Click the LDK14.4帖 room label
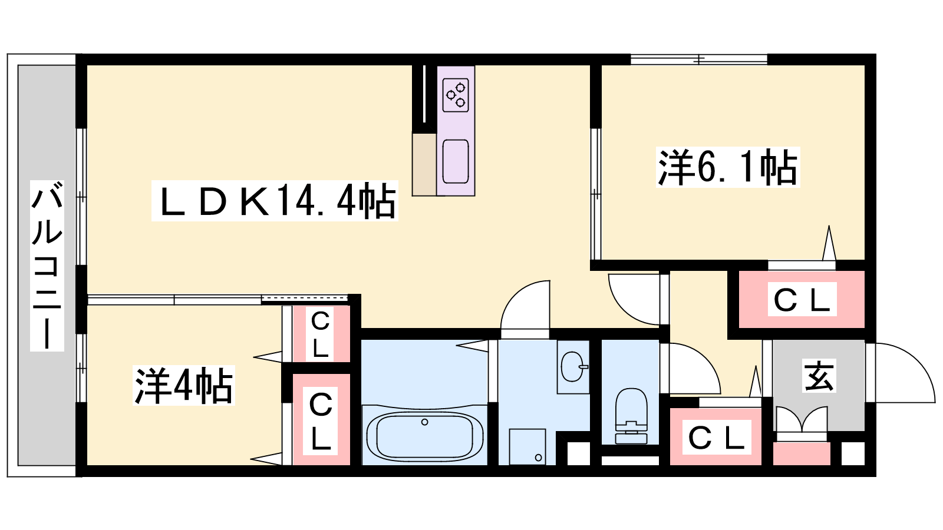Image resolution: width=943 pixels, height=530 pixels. [x=275, y=201]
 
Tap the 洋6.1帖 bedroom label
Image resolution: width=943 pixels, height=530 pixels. [x=728, y=167]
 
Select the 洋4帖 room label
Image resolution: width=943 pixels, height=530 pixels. [x=183, y=386]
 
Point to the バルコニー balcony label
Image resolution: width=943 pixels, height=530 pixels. [x=47, y=266]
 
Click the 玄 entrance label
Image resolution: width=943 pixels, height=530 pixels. [x=819, y=376]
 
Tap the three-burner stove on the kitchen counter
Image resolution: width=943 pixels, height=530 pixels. [x=456, y=95]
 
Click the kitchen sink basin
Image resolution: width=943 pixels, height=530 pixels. [x=456, y=161]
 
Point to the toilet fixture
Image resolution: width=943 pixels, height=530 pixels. [x=631, y=416]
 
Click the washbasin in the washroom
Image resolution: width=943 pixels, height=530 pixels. [x=573, y=366]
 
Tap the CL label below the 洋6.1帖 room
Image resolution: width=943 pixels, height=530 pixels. [x=802, y=299]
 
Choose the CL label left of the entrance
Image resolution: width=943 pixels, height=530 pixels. [x=717, y=437]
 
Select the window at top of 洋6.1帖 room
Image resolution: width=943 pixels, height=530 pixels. [x=699, y=59]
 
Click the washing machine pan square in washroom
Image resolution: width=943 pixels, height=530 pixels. [x=527, y=447]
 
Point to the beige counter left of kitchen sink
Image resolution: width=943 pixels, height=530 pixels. [x=424, y=164]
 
